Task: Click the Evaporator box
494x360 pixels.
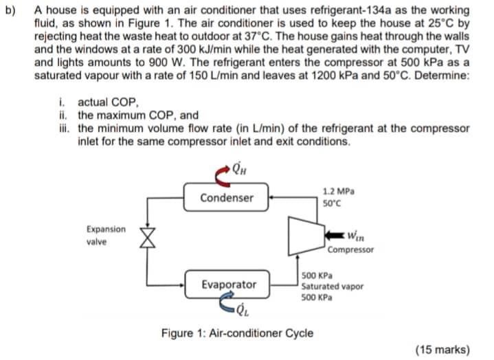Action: [x=229, y=284]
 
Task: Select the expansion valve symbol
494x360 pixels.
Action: [x=145, y=236]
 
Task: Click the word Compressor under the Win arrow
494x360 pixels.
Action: [x=351, y=250]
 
